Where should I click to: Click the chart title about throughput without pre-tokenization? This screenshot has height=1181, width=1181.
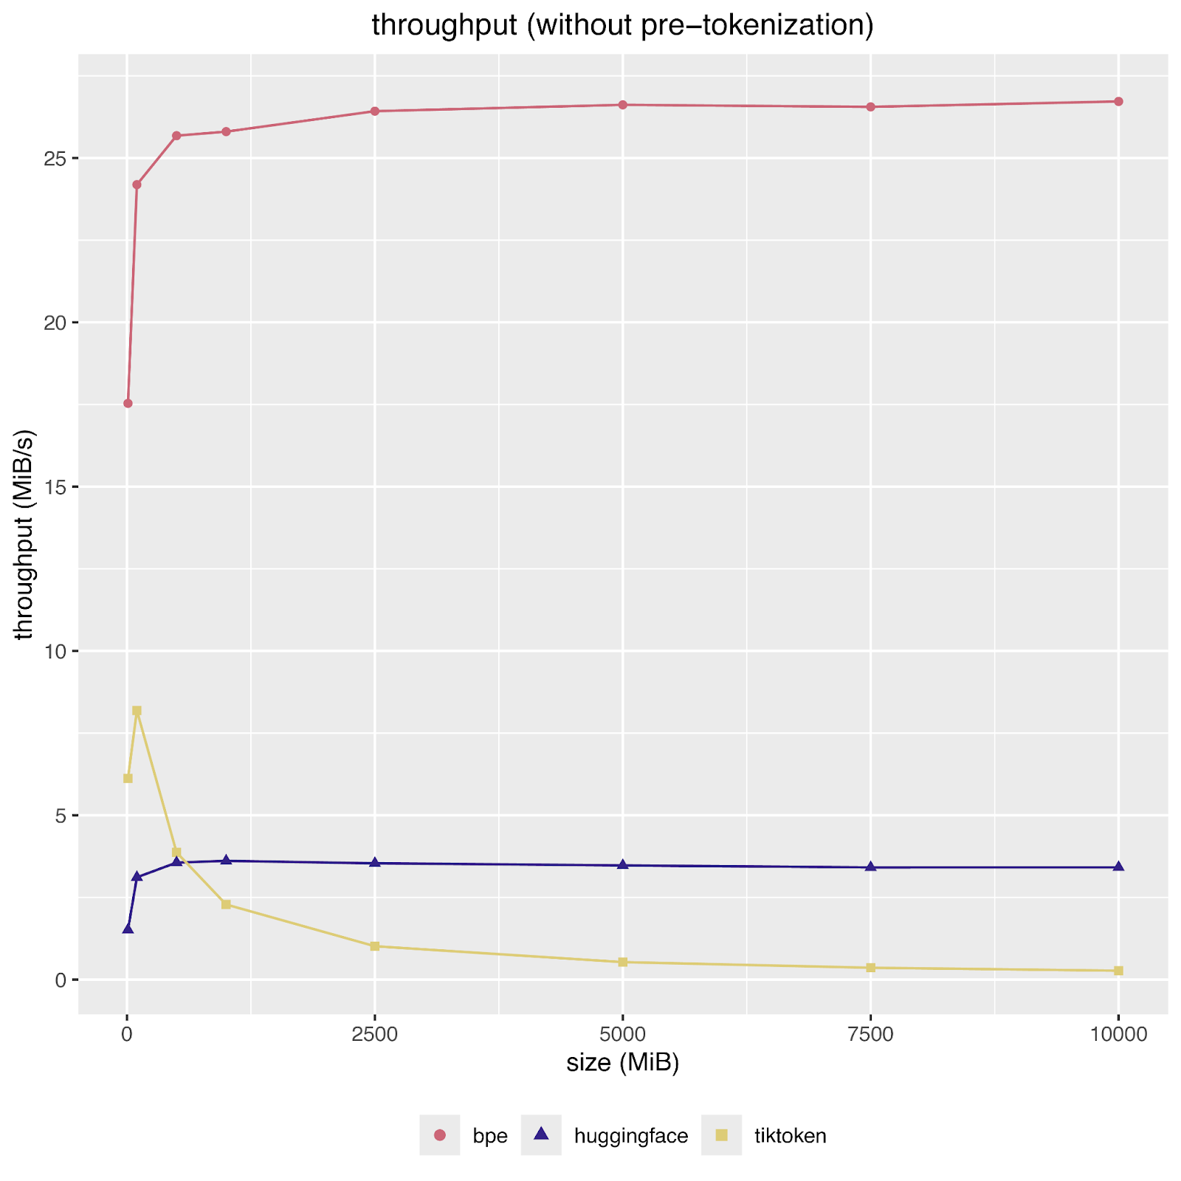coord(622,26)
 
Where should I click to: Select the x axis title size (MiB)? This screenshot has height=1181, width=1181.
coord(622,1063)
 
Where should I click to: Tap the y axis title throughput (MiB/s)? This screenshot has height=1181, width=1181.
coord(25,534)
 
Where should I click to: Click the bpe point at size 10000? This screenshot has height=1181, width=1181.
coord(1118,102)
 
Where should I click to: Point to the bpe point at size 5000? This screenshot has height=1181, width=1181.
coord(622,105)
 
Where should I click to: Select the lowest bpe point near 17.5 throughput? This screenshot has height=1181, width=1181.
coord(128,404)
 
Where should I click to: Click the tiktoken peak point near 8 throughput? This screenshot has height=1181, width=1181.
coord(137,711)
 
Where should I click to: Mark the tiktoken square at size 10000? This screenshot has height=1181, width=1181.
coord(1118,971)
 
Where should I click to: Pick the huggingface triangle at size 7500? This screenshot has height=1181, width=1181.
coord(870,867)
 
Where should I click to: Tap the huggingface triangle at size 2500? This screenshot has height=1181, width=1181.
coord(374,863)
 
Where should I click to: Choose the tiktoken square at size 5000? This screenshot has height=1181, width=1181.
coord(622,962)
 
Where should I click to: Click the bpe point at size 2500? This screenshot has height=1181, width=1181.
coord(374,111)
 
